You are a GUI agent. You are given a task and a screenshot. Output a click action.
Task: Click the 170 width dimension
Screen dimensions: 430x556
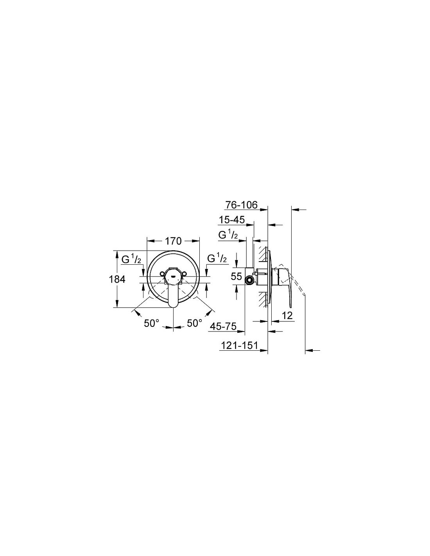[x=173, y=241]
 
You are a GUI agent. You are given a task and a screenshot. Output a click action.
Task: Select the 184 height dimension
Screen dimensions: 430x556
[x=117, y=279]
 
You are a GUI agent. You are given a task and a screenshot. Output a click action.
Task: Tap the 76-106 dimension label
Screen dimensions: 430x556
[x=242, y=205]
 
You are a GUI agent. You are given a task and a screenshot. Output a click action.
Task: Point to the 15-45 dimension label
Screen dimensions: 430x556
[x=232, y=220]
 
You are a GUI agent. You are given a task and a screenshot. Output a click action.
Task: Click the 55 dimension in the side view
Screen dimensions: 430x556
[x=236, y=276]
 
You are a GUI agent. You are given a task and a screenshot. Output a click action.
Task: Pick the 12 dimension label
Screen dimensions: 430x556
[x=288, y=316]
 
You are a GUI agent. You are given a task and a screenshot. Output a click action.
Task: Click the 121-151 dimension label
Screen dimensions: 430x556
[x=239, y=345]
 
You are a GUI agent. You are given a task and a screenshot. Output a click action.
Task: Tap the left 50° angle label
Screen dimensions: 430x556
[x=152, y=323]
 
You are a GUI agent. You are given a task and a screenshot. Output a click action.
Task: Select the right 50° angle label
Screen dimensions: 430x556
[x=195, y=323]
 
